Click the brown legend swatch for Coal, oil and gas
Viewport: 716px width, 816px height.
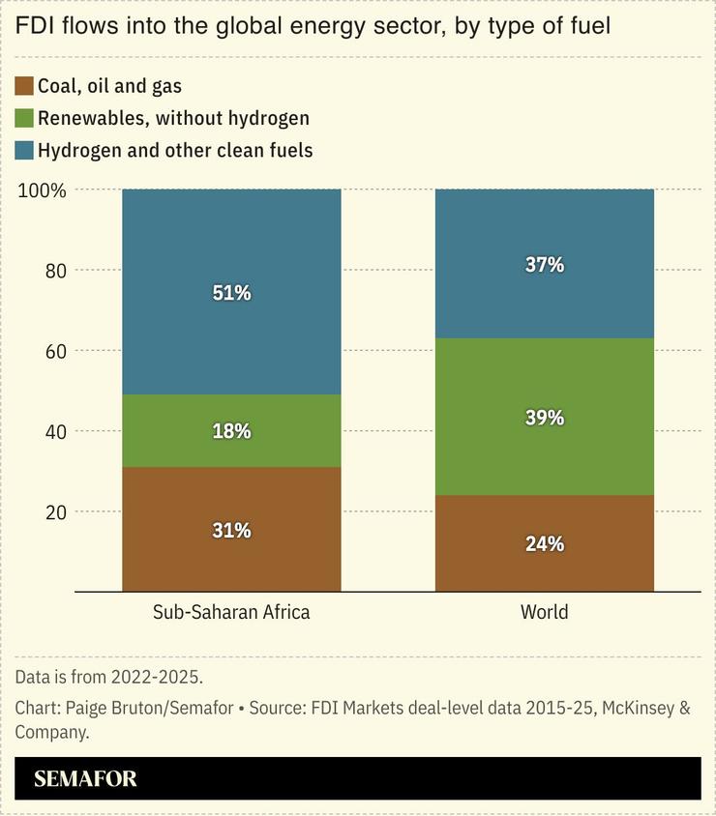tap(24, 86)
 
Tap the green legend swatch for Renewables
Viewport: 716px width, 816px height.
tap(24, 118)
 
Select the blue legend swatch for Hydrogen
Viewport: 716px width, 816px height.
tap(24, 150)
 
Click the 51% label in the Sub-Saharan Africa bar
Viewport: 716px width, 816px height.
tap(231, 292)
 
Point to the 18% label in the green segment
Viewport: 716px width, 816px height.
tap(231, 431)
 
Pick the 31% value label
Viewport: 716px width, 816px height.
tap(231, 530)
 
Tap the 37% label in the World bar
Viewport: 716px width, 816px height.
tap(544, 264)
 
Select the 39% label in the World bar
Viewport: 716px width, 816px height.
tap(544, 418)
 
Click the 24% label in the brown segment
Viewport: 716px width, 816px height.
tap(544, 543)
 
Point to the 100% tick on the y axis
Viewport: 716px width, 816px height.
tap(42, 190)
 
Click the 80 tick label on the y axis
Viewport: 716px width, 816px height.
tap(55, 271)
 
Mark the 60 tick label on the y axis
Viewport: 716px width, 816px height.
tap(55, 351)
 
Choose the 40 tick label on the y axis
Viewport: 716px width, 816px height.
tap(55, 431)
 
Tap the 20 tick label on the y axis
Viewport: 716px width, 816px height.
tap(55, 511)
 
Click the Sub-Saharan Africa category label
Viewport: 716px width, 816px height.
tap(231, 612)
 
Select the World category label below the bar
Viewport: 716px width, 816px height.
tap(544, 612)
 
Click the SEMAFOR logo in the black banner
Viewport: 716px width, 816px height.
tap(85, 779)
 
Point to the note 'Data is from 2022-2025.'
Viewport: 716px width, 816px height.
tap(109, 676)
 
